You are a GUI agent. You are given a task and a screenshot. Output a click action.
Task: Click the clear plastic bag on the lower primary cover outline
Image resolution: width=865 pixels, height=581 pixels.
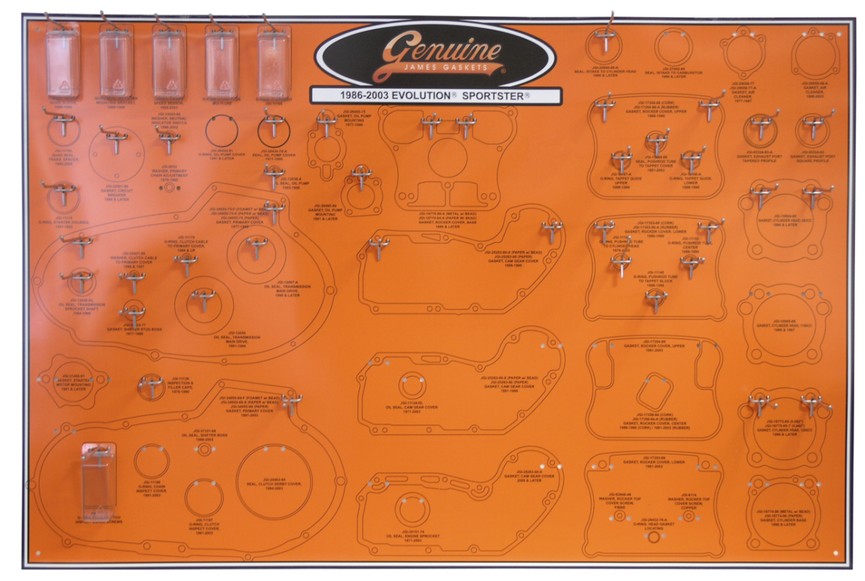click(x=97, y=479)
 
